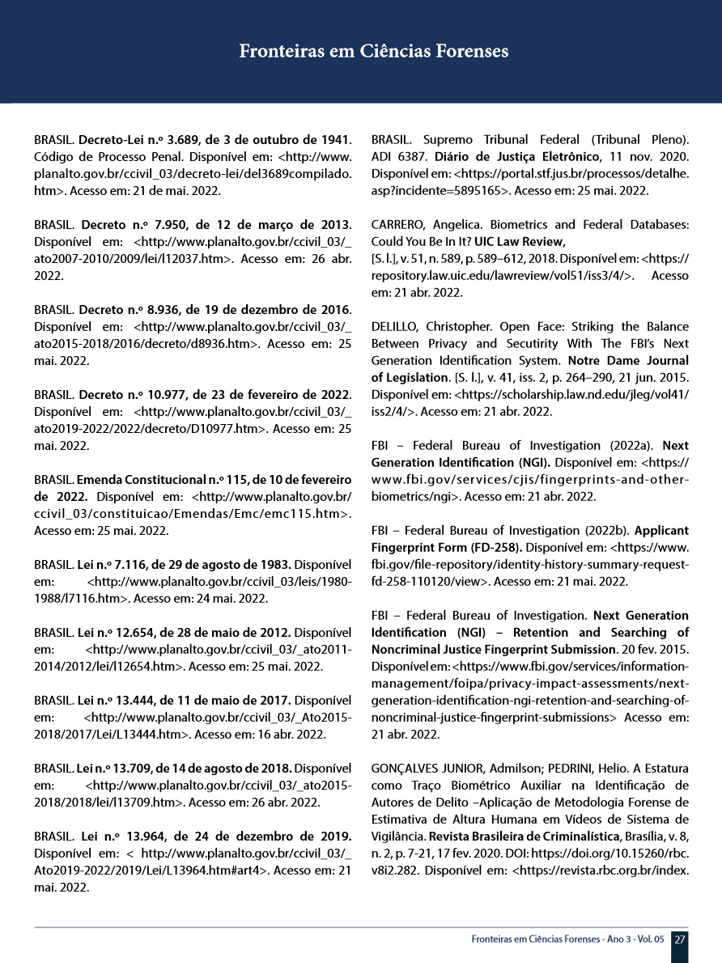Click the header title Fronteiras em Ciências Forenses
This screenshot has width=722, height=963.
pyautogui.click(x=374, y=51)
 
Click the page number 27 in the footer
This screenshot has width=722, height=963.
pyautogui.click(x=681, y=940)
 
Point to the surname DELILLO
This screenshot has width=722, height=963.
pyautogui.click(x=398, y=327)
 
